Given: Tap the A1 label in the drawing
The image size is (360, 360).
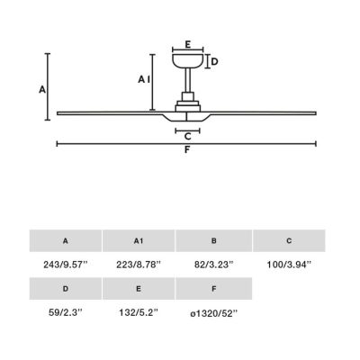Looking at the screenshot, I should click(x=142, y=79).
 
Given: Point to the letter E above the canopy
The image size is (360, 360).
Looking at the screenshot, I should click(x=187, y=42).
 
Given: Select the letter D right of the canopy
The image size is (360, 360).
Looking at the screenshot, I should click(x=214, y=61).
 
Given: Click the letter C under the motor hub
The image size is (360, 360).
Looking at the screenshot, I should click(x=187, y=137).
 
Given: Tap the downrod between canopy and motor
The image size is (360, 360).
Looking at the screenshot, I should click(x=187, y=86).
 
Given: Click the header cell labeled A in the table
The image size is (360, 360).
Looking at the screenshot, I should click(x=65, y=240).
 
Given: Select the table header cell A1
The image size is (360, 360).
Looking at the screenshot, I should click(x=138, y=240).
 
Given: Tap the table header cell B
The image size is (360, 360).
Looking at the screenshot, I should click(x=212, y=240).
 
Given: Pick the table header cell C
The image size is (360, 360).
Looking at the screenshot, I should click(x=288, y=240).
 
